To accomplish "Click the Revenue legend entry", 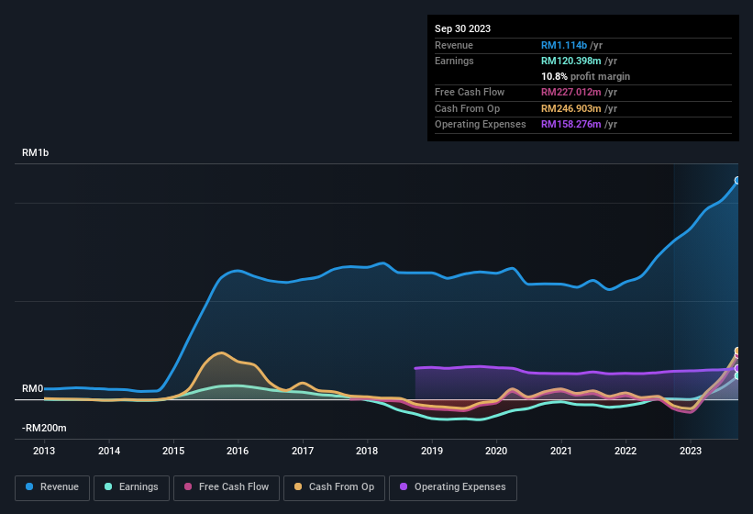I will pyautogui.click(x=52, y=486).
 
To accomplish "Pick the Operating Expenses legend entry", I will pyautogui.click(x=452, y=486).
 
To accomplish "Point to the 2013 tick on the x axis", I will pyautogui.click(x=44, y=451).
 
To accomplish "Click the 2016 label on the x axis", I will pyautogui.click(x=238, y=451).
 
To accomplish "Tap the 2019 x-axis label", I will pyautogui.click(x=431, y=451).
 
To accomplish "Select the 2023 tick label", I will pyautogui.click(x=690, y=451).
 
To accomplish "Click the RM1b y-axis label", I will pyautogui.click(x=35, y=152).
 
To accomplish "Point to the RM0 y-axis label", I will pyautogui.click(x=32, y=388).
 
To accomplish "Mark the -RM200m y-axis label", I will pyautogui.click(x=44, y=428).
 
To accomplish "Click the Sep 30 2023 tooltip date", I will pyautogui.click(x=462, y=28).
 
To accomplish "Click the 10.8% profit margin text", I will pyautogui.click(x=585, y=76).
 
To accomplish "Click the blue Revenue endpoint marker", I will pyautogui.click(x=737, y=181).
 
